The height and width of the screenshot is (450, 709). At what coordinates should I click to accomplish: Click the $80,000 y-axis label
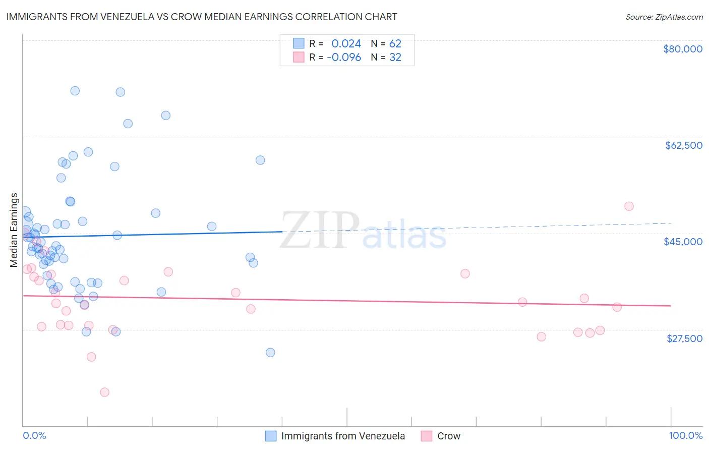tap(683, 49)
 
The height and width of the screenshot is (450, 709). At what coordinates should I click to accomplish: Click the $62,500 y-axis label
tap(684, 145)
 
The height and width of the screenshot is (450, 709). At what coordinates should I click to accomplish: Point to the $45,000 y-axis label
tap(683, 242)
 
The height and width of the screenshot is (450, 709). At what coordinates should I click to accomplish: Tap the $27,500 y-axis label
tap(684, 339)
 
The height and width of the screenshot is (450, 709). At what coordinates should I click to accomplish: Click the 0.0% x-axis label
tap(34, 435)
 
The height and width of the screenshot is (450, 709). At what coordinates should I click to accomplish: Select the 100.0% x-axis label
tap(685, 435)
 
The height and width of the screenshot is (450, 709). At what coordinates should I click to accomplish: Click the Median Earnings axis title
tap(14, 230)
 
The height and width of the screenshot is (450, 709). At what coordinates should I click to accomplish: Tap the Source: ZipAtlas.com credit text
tap(664, 17)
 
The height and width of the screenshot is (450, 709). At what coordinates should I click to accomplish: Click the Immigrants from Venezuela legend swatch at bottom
tap(271, 436)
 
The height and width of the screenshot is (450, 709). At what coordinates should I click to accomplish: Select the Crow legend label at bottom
tap(449, 436)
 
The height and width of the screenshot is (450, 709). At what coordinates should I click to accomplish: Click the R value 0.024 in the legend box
tap(346, 44)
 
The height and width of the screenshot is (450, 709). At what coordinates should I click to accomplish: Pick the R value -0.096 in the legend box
tap(344, 58)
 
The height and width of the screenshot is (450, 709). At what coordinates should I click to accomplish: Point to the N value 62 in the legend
tap(395, 44)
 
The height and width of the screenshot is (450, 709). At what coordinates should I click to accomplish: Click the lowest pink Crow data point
tap(104, 392)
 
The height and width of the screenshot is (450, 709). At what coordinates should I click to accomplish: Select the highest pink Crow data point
tap(629, 206)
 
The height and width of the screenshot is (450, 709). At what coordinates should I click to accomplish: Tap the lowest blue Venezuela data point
tap(270, 352)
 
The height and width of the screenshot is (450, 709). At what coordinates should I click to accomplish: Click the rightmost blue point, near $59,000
tap(260, 160)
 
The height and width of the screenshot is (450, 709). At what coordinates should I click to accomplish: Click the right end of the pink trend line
tap(671, 306)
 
